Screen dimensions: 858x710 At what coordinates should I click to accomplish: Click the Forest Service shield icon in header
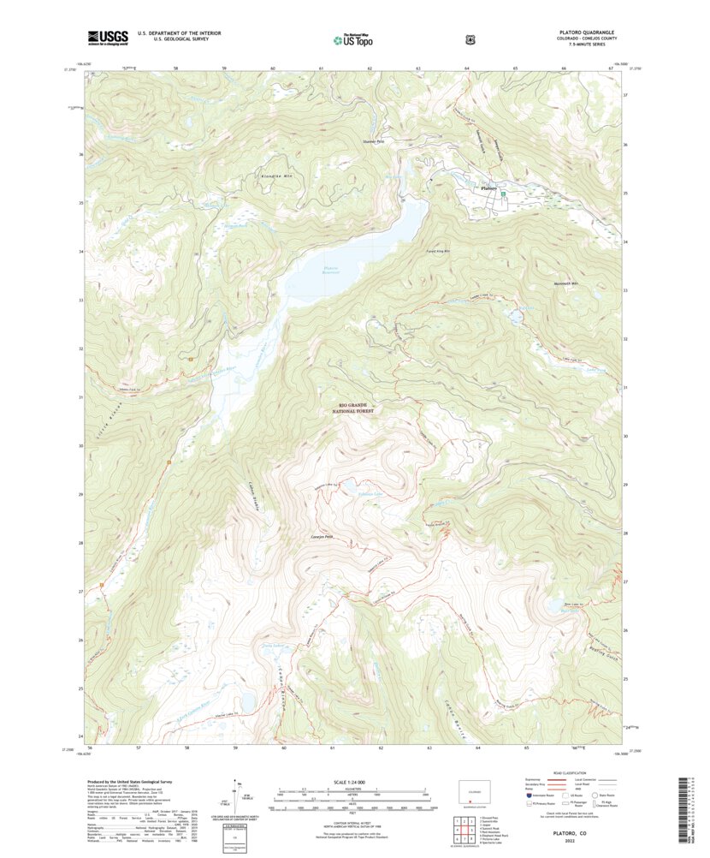click(470, 39)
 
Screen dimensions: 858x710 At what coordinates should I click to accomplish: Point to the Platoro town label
click(488, 188)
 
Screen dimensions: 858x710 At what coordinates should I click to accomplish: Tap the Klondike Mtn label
click(252, 176)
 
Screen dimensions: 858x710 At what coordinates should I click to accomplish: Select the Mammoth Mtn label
click(565, 283)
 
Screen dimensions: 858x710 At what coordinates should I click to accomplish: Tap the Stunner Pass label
click(374, 141)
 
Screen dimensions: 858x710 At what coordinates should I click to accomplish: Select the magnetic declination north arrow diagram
click(237, 795)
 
